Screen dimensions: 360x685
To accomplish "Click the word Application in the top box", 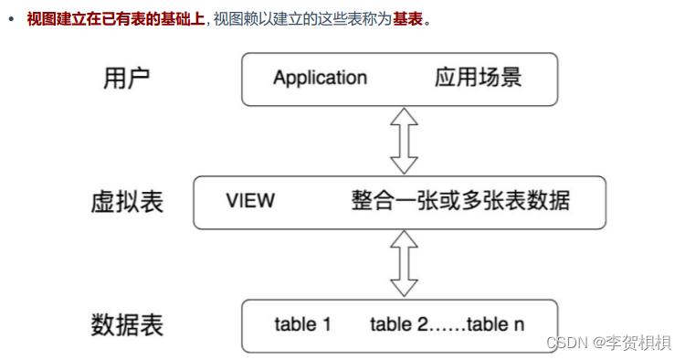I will (x=320, y=77).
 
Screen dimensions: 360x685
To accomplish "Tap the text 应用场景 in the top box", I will (x=478, y=77).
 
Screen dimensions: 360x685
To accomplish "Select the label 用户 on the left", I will (x=127, y=78).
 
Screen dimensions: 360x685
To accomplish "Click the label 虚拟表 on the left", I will (x=127, y=201).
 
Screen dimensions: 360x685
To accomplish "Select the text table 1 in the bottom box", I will (x=301, y=324).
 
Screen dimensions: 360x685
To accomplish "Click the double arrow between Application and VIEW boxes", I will (x=403, y=140).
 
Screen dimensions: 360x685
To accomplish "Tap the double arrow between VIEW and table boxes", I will (x=403, y=263).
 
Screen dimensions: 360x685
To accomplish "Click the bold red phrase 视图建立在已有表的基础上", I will (x=115, y=18).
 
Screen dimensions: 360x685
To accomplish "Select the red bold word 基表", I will (x=407, y=18).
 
